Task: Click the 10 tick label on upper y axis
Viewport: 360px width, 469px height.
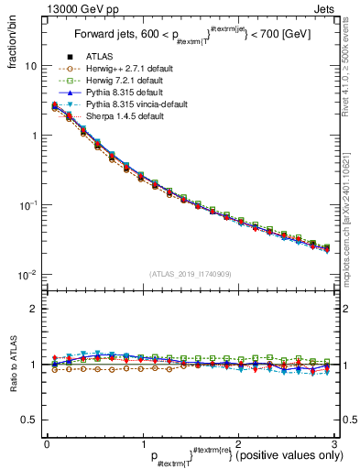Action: click(31, 67)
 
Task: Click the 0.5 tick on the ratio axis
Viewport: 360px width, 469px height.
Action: click(30, 420)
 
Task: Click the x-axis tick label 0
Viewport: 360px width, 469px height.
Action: click(47, 443)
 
